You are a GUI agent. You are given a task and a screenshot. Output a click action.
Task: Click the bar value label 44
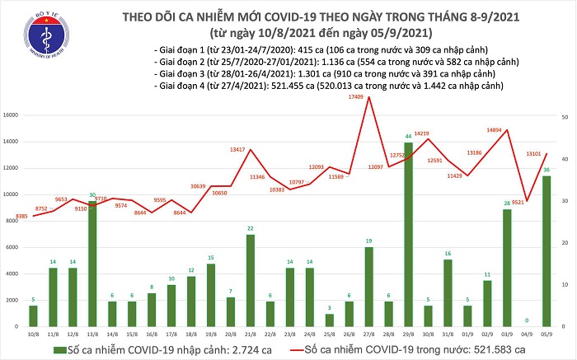[x=409, y=136]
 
